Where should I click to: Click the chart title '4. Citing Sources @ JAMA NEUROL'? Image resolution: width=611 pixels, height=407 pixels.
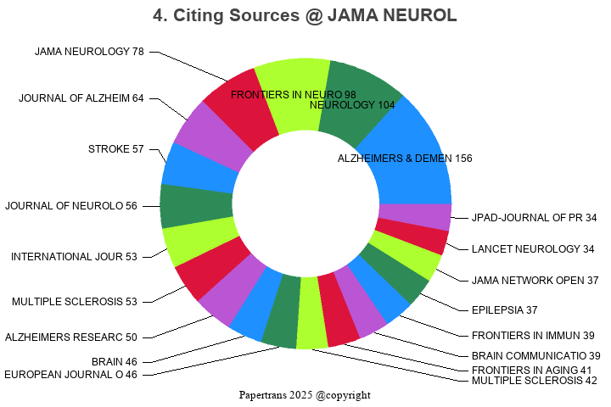(305, 16)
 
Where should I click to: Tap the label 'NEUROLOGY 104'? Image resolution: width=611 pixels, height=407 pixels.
(352, 105)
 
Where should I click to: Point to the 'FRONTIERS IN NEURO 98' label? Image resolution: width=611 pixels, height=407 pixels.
(293, 94)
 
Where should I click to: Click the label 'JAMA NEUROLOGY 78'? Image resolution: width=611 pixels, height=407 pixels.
(89, 52)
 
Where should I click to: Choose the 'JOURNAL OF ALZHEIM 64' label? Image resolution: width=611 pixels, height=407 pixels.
(81, 98)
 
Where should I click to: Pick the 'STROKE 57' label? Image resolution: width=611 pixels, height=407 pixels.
(116, 149)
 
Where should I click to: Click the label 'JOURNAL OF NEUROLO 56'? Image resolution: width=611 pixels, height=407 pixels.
(71, 206)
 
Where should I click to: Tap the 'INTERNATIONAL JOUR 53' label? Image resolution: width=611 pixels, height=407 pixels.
(74, 257)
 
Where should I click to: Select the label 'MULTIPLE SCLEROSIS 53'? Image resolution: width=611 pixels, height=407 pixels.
(75, 301)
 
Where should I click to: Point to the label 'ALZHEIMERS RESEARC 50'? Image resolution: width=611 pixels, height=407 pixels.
(71, 337)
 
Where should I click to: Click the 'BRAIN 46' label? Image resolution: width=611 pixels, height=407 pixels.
(115, 361)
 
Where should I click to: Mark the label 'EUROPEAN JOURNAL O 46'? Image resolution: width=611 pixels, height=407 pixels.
(71, 375)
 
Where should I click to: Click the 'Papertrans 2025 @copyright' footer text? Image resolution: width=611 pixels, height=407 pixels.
(305, 395)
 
